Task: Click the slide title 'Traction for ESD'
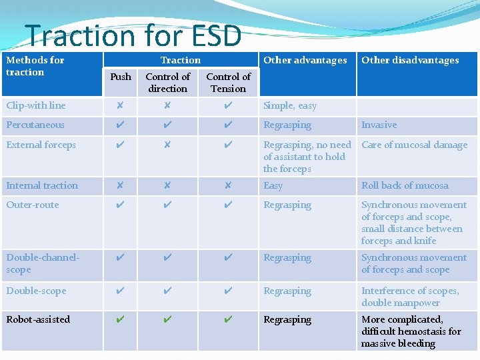point(133,35)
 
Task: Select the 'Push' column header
point(121,77)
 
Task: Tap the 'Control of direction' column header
point(167,83)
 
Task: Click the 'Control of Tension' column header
point(228,83)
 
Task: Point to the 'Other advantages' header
point(305,60)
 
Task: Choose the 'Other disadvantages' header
point(410,60)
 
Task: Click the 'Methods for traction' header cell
point(35,66)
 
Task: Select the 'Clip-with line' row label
point(36,105)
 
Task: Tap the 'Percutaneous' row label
point(35,125)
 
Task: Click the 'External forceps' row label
point(41,145)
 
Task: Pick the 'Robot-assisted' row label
point(38,319)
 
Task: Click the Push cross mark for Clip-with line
point(120,105)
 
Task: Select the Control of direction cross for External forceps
point(167,145)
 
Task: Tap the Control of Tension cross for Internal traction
point(228,185)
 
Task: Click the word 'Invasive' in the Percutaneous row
point(379,125)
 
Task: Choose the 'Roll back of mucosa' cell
point(405,185)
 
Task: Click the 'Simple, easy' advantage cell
point(290,105)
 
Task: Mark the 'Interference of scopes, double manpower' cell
point(410,297)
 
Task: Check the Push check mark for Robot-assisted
point(120,319)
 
